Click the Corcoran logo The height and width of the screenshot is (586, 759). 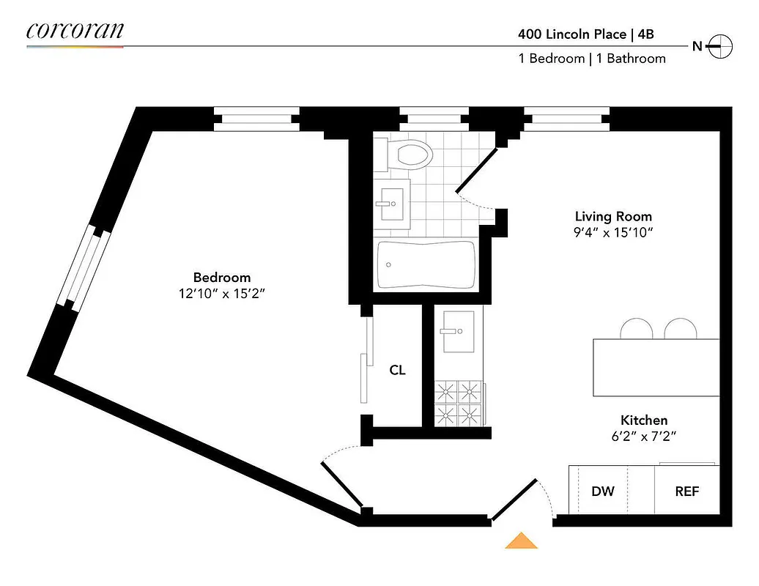(75, 31)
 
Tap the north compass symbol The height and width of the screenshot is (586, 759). (722, 46)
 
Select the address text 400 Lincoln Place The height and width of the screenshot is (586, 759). (571, 34)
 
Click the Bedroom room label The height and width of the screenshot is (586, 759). (221, 278)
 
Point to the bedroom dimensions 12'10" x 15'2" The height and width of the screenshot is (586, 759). (221, 294)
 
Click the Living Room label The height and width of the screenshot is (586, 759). (612, 217)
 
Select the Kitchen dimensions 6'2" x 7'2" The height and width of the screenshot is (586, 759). (643, 437)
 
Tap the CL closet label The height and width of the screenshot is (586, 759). (397, 371)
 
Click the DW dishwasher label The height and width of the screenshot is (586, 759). (603, 491)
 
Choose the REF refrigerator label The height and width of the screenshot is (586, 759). (686, 491)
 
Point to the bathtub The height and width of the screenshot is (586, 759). (426, 265)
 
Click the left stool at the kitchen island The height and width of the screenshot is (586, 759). (635, 330)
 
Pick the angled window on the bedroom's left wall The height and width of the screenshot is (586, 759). (83, 267)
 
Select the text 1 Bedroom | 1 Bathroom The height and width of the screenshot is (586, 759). (592, 59)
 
